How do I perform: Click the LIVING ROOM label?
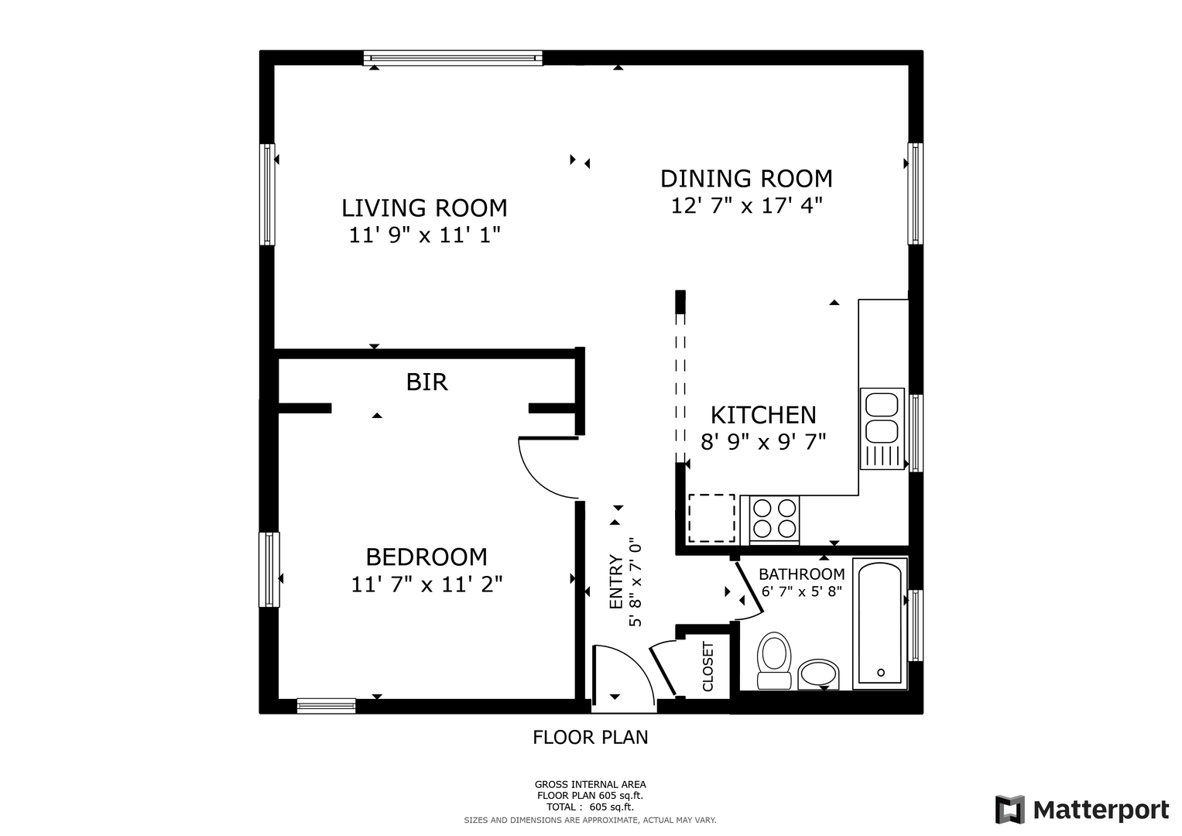424,208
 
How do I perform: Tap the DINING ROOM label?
746,179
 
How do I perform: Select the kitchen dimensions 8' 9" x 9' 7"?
763,442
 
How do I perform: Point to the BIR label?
427,382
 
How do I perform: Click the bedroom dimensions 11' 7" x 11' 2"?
427,584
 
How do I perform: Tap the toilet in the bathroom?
774,661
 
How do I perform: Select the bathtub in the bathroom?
880,624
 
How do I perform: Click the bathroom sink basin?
818,674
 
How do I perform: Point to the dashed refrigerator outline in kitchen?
711,519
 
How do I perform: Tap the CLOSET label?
707,666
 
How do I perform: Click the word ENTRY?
616,581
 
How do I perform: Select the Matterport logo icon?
1010,809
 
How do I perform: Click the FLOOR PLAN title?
591,737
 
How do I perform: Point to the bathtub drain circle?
881,673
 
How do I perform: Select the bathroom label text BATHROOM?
801,574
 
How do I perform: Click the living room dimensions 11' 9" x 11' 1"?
425,235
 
